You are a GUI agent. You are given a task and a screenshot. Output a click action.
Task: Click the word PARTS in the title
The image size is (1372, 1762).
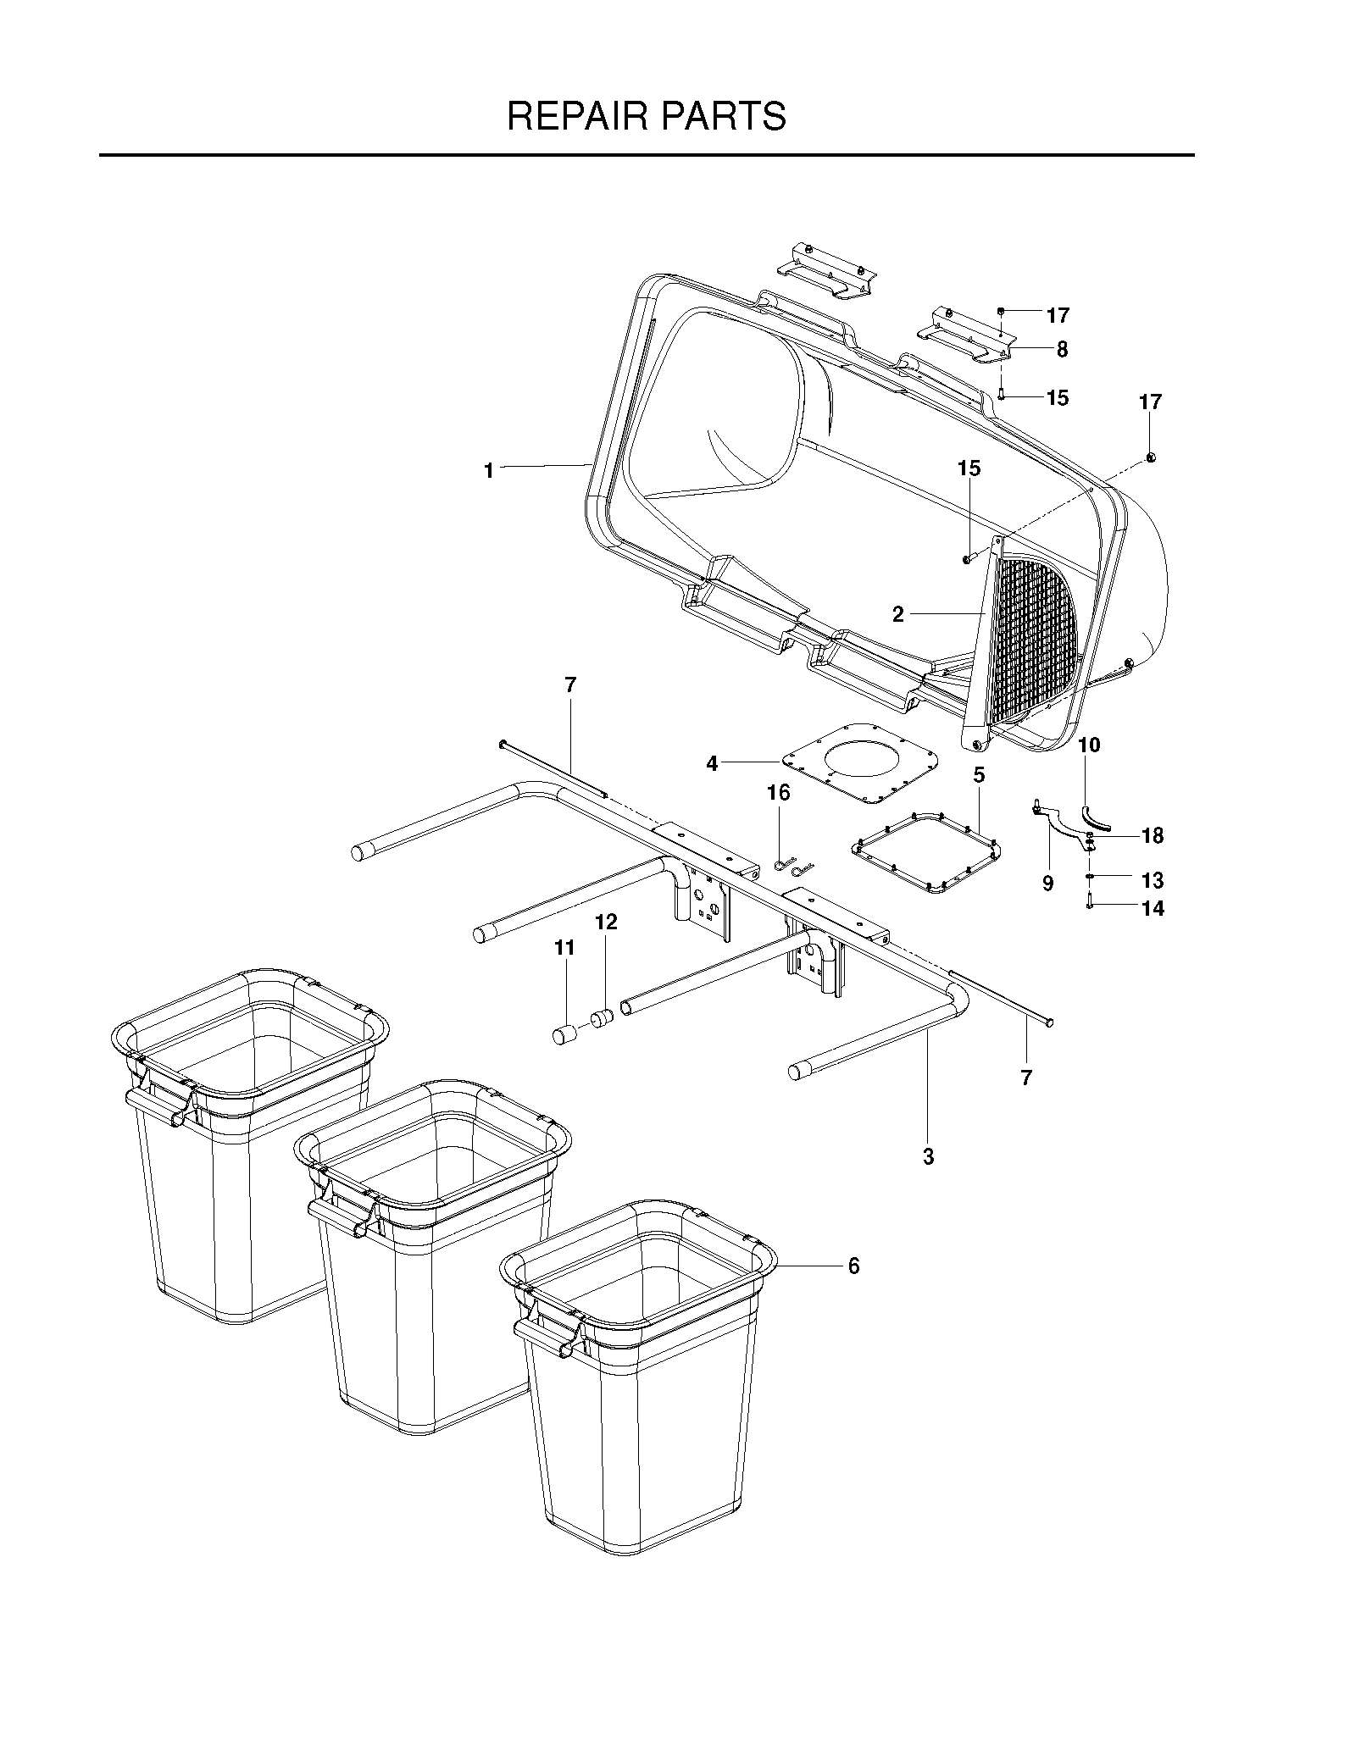click(x=723, y=116)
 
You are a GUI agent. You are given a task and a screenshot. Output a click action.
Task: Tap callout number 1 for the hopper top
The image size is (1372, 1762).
click(x=489, y=470)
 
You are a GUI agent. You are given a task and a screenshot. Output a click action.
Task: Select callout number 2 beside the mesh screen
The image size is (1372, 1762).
click(x=898, y=615)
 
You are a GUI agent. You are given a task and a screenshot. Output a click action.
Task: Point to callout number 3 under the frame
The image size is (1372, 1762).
click(x=928, y=1156)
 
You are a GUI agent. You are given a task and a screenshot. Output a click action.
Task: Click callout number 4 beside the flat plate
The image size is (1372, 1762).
click(x=712, y=764)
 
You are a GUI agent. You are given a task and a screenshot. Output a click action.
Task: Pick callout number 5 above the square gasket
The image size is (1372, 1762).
click(x=979, y=774)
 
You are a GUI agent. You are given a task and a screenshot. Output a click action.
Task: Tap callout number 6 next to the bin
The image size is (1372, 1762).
click(x=853, y=1289)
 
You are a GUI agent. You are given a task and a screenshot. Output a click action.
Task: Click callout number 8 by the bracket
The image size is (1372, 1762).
click(x=1062, y=349)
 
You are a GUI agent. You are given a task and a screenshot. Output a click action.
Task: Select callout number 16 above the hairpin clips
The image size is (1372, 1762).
click(x=778, y=793)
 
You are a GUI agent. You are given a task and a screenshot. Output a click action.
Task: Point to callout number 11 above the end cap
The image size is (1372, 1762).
click(x=564, y=948)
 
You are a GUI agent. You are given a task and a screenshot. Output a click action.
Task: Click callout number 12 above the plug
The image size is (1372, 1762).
click(x=606, y=922)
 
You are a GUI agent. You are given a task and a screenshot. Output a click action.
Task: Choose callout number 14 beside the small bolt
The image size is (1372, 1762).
click(x=1153, y=909)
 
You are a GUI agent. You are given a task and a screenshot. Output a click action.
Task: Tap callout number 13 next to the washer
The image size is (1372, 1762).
click(x=1153, y=880)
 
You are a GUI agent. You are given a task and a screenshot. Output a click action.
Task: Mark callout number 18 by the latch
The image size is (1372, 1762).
click(x=1153, y=836)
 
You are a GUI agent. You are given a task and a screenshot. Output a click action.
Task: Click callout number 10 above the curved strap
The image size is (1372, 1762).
click(x=1089, y=745)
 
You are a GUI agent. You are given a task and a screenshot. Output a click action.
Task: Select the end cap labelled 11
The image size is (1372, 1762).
click(x=564, y=1034)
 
